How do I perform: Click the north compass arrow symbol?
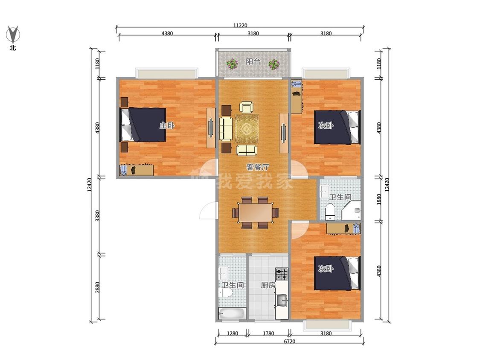tap(13, 34)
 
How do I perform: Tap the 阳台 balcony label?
tap(253, 61)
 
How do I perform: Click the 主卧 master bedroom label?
tap(167, 125)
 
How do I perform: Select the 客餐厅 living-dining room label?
tap(258, 167)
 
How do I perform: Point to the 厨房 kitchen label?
tap(268, 285)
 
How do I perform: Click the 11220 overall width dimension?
tap(240, 26)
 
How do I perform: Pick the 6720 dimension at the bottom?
tap(289, 341)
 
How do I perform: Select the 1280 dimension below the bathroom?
tap(233, 334)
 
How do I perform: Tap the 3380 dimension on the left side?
tap(97, 216)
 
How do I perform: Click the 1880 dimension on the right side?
tap(379, 199)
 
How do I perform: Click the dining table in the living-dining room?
tap(255, 212)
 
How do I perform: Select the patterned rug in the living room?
tap(247, 128)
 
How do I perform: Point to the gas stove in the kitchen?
tap(282, 274)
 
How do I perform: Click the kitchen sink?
tap(282, 300)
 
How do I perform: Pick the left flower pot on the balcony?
tap(232, 64)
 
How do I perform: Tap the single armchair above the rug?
tap(247, 107)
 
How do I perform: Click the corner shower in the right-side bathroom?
tap(352, 210)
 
